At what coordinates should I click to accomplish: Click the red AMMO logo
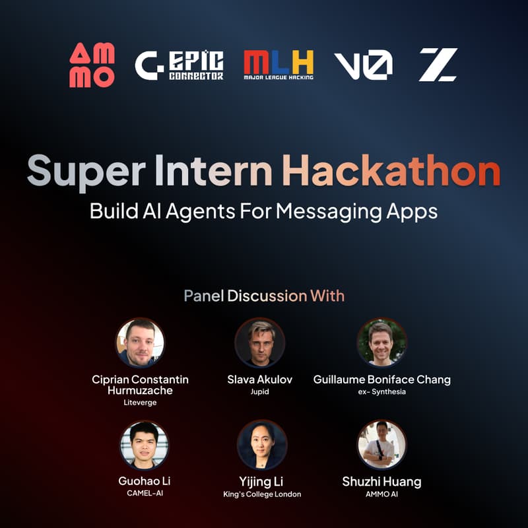pyautogui.click(x=92, y=65)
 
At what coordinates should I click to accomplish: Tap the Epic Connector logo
pyautogui.click(x=180, y=65)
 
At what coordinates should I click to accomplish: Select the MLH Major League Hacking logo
pyautogui.click(x=278, y=65)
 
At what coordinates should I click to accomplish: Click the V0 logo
pyautogui.click(x=363, y=65)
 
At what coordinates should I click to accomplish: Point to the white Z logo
pyautogui.click(x=438, y=65)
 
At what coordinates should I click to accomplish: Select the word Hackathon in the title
pyautogui.click(x=391, y=172)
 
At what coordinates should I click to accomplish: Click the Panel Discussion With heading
pyautogui.click(x=264, y=295)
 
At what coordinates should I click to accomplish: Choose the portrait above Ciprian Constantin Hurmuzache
pyautogui.click(x=140, y=343)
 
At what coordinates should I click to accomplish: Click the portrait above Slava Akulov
pyautogui.click(x=260, y=343)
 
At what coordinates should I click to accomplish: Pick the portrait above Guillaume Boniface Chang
pyautogui.click(x=382, y=343)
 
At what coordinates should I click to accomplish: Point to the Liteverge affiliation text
pyautogui.click(x=140, y=403)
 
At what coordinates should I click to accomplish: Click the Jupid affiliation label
pyautogui.click(x=260, y=391)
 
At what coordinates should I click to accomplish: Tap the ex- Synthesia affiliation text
pyautogui.click(x=382, y=391)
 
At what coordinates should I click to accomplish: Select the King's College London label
pyautogui.click(x=262, y=494)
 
